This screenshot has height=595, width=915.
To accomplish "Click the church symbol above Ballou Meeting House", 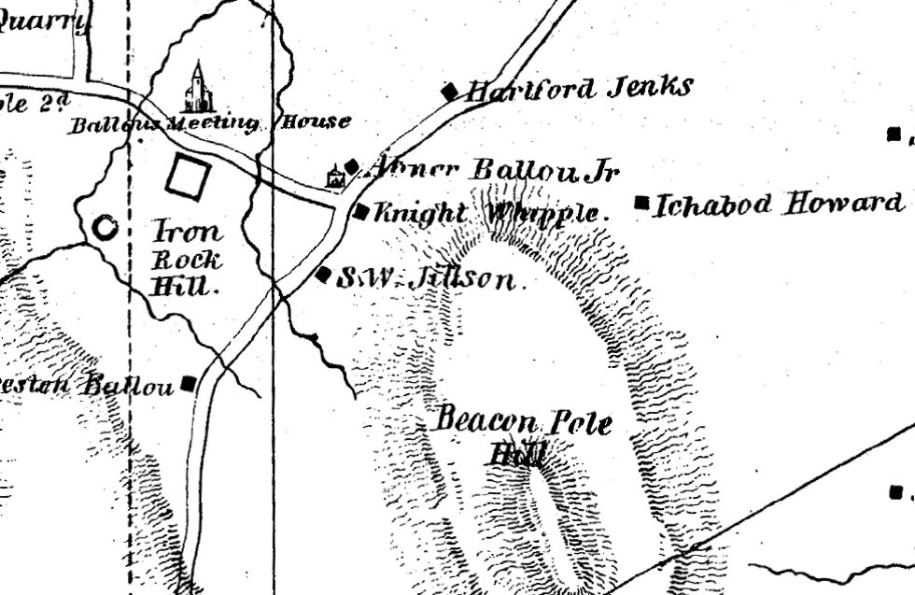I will tap(197, 88).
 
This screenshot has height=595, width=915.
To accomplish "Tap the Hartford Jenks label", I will tap(579, 90).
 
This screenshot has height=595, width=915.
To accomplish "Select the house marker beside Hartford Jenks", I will tap(450, 91).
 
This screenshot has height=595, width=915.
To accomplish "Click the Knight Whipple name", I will tap(490, 213).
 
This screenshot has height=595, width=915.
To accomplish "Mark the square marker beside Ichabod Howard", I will tap(641, 202).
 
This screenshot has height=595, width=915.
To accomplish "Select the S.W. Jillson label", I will tap(425, 277).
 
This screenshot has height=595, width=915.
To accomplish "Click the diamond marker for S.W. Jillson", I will tap(323, 275).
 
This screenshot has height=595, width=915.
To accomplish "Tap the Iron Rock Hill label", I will tap(187, 257).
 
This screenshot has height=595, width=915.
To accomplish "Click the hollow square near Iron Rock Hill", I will tap(188, 177).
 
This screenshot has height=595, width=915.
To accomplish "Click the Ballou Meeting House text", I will tap(210, 122).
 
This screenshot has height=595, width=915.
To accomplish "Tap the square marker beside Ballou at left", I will tap(190, 382).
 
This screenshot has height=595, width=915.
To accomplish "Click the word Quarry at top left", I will tap(42, 21).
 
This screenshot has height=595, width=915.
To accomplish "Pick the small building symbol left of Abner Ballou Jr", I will tap(333, 177).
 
